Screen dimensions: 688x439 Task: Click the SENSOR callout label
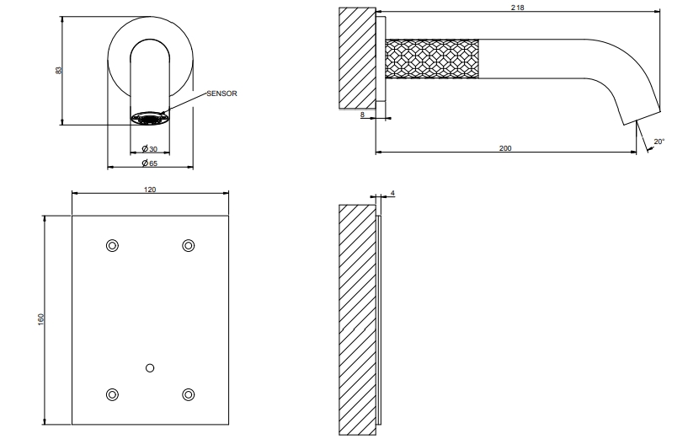(221, 94)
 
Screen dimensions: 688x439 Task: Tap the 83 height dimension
(59, 70)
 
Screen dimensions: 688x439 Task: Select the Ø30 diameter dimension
(150, 149)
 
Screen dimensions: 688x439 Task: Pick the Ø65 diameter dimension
(150, 163)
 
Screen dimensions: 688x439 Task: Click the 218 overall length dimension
(517, 8)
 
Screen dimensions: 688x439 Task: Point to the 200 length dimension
(505, 148)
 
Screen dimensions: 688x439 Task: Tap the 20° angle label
(659, 142)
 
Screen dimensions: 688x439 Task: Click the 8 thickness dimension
(362, 115)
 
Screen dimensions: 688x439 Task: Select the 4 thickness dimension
(392, 193)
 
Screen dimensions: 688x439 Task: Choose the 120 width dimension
(150, 190)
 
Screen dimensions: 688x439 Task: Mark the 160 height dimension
(41, 319)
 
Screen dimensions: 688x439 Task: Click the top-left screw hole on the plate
(112, 245)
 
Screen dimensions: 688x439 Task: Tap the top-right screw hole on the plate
(189, 245)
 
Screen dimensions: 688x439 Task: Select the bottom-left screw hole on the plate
(112, 394)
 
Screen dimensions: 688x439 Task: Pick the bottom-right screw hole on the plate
(189, 394)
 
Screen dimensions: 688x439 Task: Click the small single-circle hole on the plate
(150, 368)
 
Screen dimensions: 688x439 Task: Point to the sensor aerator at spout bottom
(150, 118)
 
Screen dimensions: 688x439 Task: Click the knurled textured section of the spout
(432, 59)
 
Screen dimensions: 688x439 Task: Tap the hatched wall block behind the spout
(357, 58)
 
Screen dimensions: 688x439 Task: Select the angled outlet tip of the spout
(642, 117)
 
